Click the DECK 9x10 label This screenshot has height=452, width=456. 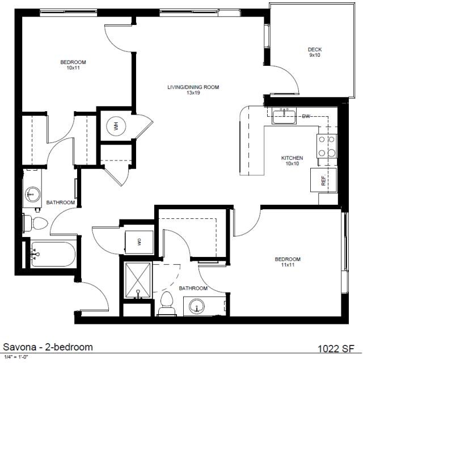pyautogui.click(x=315, y=53)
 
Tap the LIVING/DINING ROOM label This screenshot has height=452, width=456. pyautogui.click(x=193, y=90)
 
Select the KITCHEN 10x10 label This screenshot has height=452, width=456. pyautogui.click(x=292, y=160)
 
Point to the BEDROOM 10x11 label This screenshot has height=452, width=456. pyautogui.click(x=73, y=65)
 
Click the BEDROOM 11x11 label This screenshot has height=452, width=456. pyautogui.click(x=288, y=262)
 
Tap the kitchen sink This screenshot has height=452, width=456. pyautogui.click(x=284, y=116)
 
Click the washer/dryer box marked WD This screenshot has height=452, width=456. pyautogui.click(x=139, y=241)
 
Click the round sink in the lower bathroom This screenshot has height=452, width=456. pyautogui.click(x=197, y=306)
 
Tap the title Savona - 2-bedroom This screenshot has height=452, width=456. pyautogui.click(x=48, y=347)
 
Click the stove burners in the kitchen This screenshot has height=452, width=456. pyautogui.click(x=326, y=145)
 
